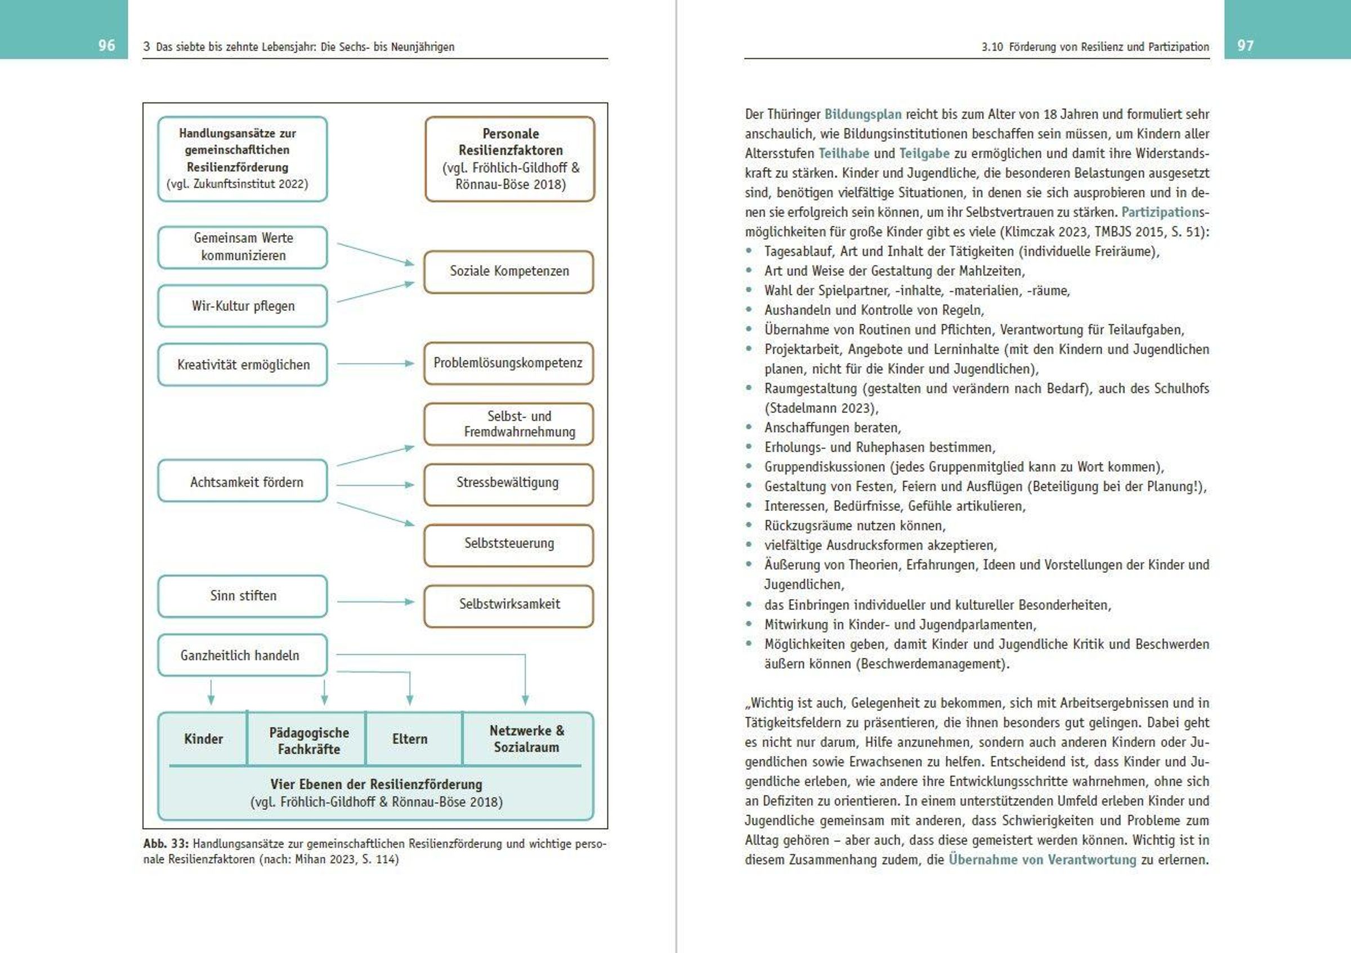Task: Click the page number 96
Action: tap(106, 45)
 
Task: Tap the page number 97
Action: tap(1245, 45)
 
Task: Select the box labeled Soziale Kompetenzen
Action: tap(509, 271)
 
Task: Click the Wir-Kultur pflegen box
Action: tap(243, 306)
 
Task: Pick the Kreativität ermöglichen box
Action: tap(243, 364)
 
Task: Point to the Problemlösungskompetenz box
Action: tap(508, 363)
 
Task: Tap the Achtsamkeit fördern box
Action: tap(243, 481)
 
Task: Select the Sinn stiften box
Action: tap(243, 596)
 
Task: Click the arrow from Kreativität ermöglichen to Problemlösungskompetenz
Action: tap(375, 364)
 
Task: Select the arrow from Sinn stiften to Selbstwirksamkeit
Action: tap(375, 602)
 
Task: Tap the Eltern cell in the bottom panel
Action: tap(410, 740)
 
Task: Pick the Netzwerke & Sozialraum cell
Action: tap(527, 740)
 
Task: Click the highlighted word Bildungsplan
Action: tap(862, 114)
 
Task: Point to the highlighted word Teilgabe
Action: tap(924, 154)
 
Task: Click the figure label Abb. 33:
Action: tap(165, 844)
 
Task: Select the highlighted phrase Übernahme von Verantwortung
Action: tap(1042, 860)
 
